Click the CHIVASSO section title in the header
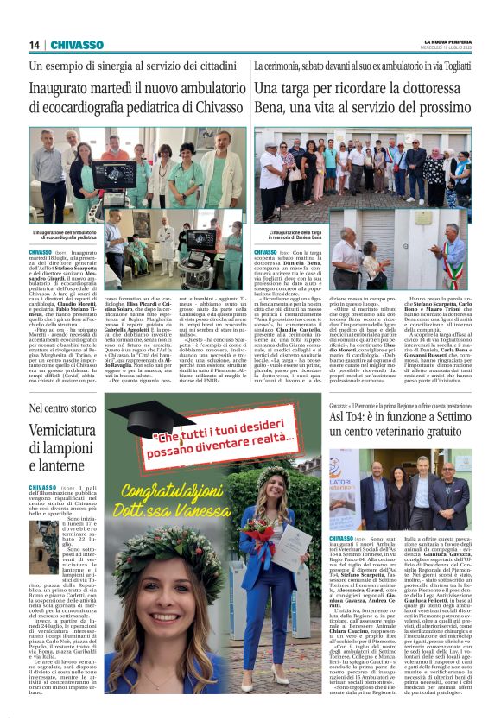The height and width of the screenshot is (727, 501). point(77,45)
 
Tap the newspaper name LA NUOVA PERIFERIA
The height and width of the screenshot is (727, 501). point(448,41)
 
